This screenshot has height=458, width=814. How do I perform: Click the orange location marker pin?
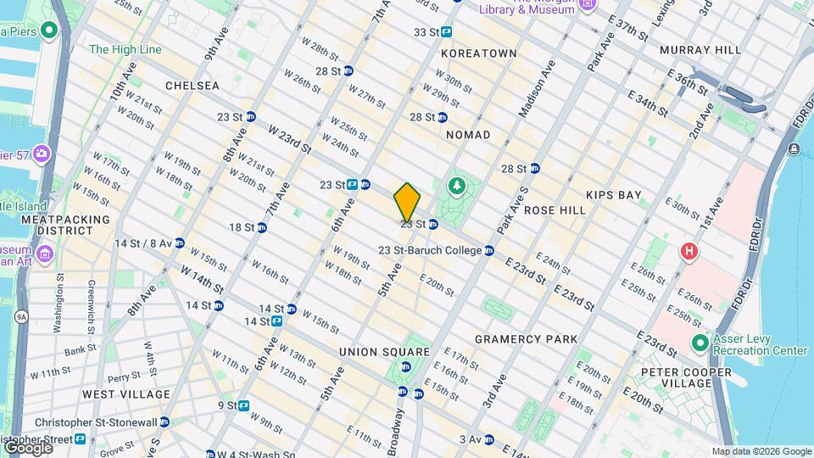pyautogui.click(x=407, y=202)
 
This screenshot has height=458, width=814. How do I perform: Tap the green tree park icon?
pyautogui.click(x=456, y=184)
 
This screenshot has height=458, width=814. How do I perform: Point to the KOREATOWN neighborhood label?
pyautogui.click(x=478, y=53)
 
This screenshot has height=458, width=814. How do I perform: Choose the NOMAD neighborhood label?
pyautogui.click(x=468, y=135)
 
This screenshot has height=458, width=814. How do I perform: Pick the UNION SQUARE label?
pyautogui.click(x=384, y=351)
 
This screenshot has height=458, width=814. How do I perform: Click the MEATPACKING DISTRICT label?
pyautogui.click(x=65, y=225)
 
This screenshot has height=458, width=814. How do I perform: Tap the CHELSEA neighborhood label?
pyautogui.click(x=192, y=86)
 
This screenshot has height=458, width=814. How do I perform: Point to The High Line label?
pyautogui.click(x=125, y=49)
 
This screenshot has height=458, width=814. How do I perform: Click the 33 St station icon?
pyautogui.click(x=446, y=32)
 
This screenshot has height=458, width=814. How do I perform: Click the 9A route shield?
pyautogui.click(x=21, y=316)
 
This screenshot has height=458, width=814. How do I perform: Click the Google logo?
pyautogui.click(x=27, y=447)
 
